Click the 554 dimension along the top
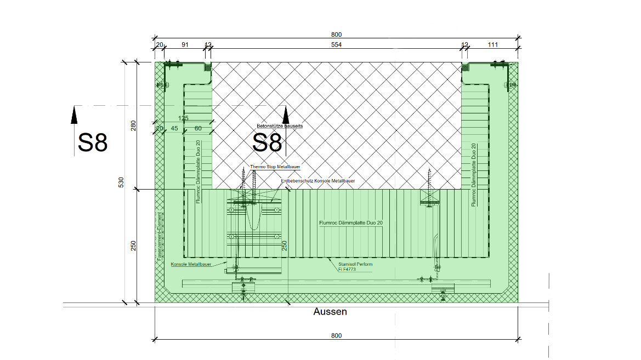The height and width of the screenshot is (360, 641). click(x=336, y=45)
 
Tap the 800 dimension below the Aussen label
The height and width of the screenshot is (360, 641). click(x=336, y=335)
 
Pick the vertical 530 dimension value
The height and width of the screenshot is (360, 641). click(x=121, y=182)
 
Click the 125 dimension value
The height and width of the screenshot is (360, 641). click(x=183, y=118)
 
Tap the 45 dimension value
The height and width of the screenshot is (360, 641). click(x=174, y=128)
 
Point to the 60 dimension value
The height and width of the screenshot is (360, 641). click(x=198, y=128)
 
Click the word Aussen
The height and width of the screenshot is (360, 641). click(x=330, y=312)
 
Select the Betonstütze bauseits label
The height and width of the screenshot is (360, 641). click(x=280, y=126)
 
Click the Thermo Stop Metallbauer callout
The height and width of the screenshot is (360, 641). click(x=275, y=167)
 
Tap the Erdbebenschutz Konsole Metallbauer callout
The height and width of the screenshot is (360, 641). click(x=317, y=181)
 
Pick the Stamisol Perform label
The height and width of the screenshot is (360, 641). click(x=355, y=264)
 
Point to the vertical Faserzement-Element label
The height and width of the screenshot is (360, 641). click(x=159, y=236)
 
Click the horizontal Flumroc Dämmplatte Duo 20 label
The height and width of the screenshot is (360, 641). click(x=350, y=223)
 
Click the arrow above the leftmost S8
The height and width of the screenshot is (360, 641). click(x=75, y=116)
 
